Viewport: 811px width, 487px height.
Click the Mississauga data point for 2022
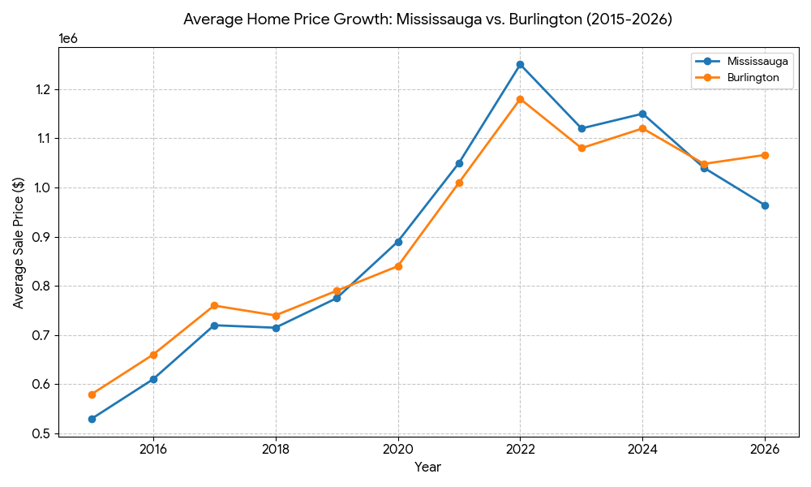pyautogui.click(x=521, y=64)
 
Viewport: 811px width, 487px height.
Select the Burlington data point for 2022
pyautogui.click(x=521, y=99)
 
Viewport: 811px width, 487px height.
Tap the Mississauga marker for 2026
pyautogui.click(x=765, y=205)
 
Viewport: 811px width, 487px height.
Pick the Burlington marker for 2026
pyautogui.click(x=765, y=155)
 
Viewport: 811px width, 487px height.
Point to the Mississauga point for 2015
pyautogui.click(x=92, y=419)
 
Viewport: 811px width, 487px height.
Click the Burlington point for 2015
pyautogui.click(x=92, y=394)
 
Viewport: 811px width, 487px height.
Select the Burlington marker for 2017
pyautogui.click(x=214, y=306)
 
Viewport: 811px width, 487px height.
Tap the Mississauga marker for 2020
pyautogui.click(x=398, y=242)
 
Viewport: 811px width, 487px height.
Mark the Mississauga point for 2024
pyautogui.click(x=642, y=114)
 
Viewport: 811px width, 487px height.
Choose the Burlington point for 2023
pyautogui.click(x=581, y=148)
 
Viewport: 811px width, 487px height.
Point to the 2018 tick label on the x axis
pyautogui.click(x=276, y=448)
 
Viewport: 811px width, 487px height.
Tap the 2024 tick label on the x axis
pyautogui.click(x=642, y=448)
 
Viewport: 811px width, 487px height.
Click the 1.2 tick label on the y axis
pyautogui.click(x=42, y=89)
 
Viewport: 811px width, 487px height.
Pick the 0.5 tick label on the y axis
pyautogui.click(x=42, y=433)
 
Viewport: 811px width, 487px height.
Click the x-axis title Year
pyautogui.click(x=427, y=468)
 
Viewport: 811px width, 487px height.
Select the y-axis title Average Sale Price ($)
pyautogui.click(x=18, y=243)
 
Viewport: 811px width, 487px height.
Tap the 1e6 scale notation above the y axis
pyautogui.click(x=69, y=38)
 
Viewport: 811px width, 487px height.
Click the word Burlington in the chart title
pyautogui.click(x=542, y=19)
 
